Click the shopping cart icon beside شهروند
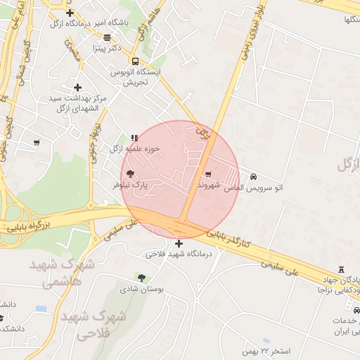click(x=207, y=174)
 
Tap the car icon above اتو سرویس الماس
click(x=253, y=177)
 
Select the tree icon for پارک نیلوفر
click(x=129, y=173)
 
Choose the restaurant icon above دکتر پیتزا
click(x=107, y=37)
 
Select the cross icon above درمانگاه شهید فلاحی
click(x=179, y=243)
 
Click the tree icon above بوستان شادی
click(x=141, y=278)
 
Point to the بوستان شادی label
click(x=141, y=289)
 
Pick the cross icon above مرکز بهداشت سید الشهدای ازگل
click(x=77, y=87)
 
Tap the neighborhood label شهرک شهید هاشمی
click(x=62, y=274)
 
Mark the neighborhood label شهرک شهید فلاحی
click(x=93, y=325)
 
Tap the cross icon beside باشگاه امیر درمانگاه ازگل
click(x=69, y=13)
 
